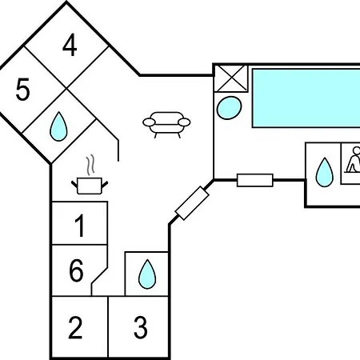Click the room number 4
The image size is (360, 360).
[x=70, y=46]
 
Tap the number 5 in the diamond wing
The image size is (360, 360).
[x=22, y=90]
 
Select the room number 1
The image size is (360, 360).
[x=80, y=226]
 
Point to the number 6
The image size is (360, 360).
[x=76, y=270]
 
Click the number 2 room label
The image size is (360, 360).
[x=75, y=327]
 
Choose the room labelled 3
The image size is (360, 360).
[x=140, y=327]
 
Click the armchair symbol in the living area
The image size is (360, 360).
[x=166, y=125]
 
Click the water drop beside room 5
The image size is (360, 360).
[x=58, y=126]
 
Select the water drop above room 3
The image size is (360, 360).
[x=147, y=274]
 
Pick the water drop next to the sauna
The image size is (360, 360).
[x=324, y=172]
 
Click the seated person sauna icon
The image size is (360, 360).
[x=353, y=160]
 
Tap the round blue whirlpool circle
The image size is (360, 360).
[x=229, y=107]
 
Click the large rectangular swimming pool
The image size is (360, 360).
[x=306, y=98]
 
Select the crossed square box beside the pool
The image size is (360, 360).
[x=231, y=78]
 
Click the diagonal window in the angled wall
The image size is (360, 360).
[x=192, y=203]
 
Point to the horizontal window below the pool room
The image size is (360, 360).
[x=255, y=180]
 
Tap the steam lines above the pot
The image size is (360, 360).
[x=90, y=165]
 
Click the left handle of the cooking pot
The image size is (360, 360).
[x=74, y=184]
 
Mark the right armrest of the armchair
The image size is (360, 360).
[x=184, y=122]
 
